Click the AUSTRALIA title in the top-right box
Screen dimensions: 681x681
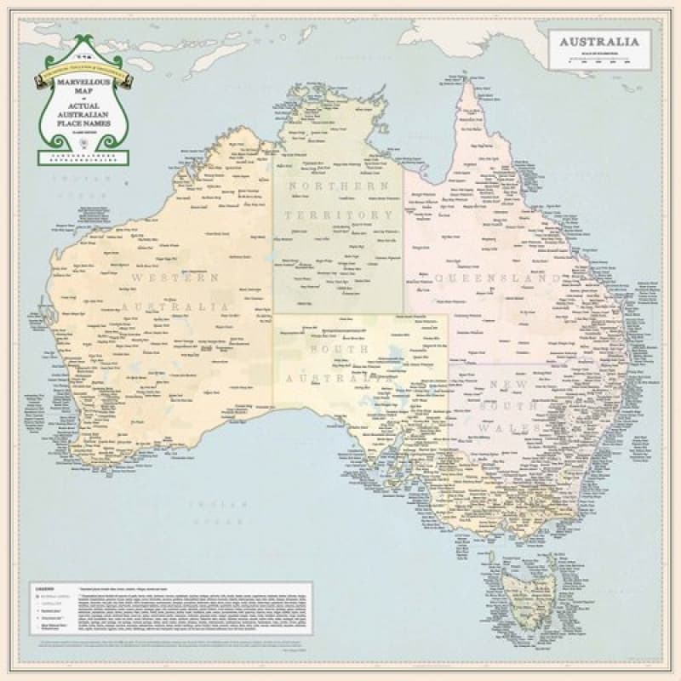(601, 42)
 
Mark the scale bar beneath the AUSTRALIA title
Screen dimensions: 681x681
(601, 60)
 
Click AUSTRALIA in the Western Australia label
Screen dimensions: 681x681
(174, 306)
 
